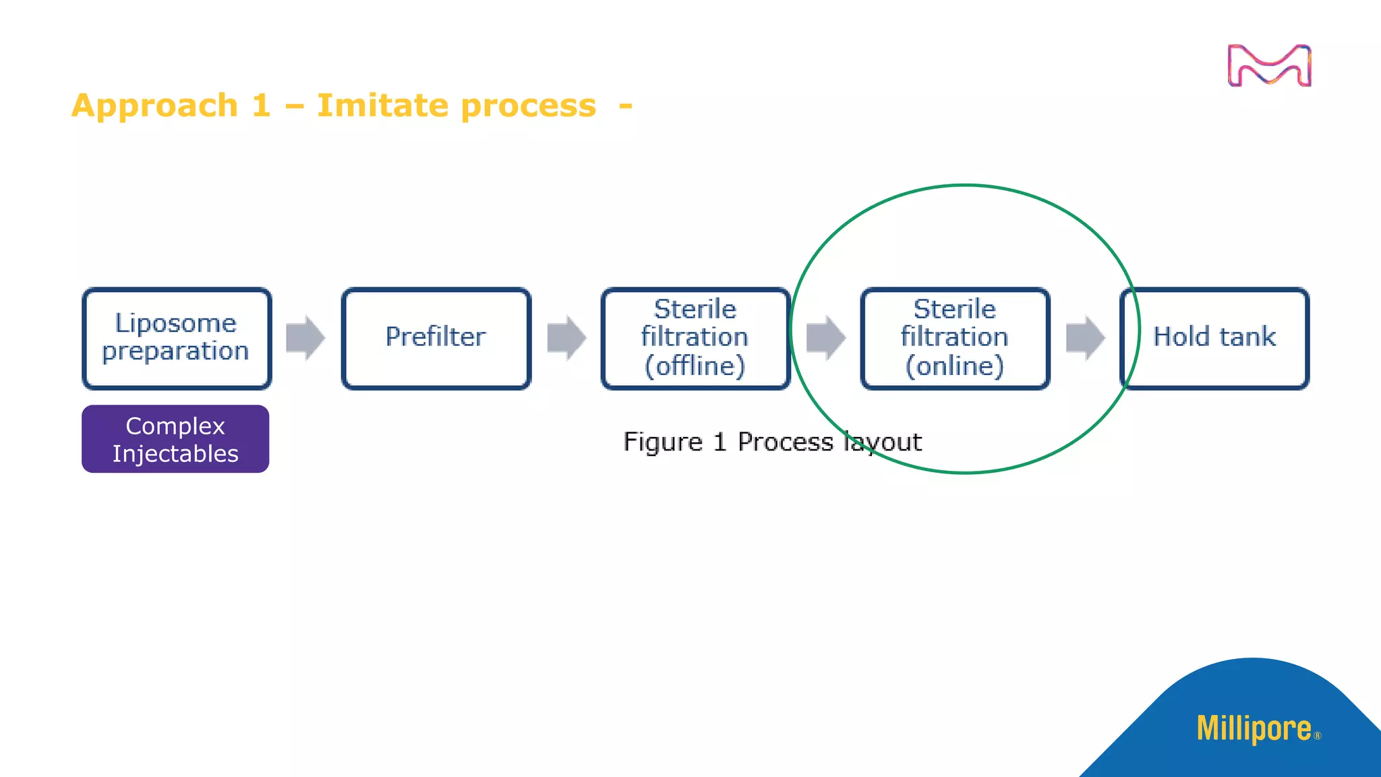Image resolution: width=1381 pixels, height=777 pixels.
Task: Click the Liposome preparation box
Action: point(177,338)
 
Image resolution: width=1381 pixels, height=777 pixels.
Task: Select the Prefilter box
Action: point(436,338)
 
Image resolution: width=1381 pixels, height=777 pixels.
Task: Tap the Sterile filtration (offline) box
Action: point(695,338)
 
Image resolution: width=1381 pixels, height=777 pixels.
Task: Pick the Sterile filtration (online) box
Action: point(955,338)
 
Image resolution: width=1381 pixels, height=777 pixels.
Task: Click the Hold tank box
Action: point(1214,338)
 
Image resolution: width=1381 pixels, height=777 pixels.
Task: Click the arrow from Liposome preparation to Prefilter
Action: point(305,337)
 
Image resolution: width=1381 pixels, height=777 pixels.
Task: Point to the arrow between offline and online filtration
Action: point(825,337)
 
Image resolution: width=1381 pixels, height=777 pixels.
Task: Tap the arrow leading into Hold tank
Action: point(1085,337)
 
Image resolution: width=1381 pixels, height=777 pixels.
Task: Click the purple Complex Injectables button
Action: point(175,439)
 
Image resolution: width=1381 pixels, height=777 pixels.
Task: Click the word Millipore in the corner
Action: point(1254,729)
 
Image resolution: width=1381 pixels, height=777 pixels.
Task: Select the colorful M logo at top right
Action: point(1269,66)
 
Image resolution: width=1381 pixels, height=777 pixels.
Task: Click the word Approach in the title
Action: point(155,106)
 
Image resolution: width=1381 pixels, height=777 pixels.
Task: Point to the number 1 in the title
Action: point(262,106)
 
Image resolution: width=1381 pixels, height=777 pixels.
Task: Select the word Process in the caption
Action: point(785,442)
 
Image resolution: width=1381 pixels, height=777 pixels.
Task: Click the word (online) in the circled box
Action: point(955,366)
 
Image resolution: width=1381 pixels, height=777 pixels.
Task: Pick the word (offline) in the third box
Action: point(695,366)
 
